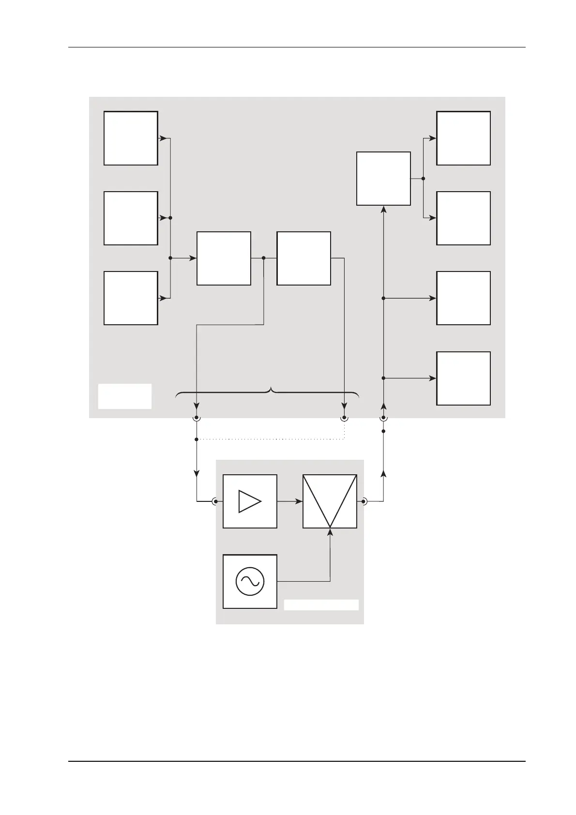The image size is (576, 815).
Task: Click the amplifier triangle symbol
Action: coord(250,501)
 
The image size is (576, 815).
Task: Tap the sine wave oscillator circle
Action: coord(250,581)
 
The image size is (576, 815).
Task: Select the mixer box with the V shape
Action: coord(330,501)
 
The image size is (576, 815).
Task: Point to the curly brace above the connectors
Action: coord(268,392)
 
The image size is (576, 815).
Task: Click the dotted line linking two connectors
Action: coord(271,439)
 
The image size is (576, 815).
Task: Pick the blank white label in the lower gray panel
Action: coord(321,605)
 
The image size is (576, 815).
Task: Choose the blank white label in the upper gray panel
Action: coord(125,396)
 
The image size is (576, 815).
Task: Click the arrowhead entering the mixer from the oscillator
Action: coord(330,532)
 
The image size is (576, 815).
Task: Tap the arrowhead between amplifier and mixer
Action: coord(298,501)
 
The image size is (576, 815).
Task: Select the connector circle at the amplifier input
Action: coord(215,501)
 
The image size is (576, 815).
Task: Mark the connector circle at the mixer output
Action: coord(364,501)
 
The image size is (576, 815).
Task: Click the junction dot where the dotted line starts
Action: coord(197,439)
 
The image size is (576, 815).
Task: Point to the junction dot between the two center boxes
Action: coord(263,258)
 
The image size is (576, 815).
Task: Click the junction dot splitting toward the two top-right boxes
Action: coord(423,179)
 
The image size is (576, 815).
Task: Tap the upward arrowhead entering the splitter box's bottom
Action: coord(383,210)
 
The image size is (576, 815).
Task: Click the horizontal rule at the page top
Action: coord(296,47)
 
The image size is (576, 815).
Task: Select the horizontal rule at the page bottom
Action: coord(296,761)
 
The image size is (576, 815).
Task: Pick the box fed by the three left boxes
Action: coord(224,258)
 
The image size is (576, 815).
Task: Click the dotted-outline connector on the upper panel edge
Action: coord(344,417)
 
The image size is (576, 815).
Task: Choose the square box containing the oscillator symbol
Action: coord(250,581)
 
